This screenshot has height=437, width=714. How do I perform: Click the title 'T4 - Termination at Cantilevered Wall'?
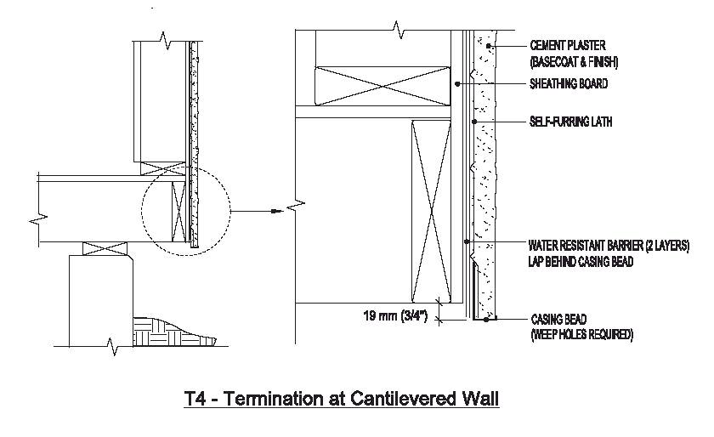(342, 397)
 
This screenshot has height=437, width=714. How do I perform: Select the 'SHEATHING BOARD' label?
(568, 83)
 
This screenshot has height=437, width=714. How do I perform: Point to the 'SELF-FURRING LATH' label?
(570, 122)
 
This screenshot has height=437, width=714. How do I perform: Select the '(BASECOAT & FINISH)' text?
(574, 62)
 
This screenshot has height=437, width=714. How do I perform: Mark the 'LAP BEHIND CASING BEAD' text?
(581, 261)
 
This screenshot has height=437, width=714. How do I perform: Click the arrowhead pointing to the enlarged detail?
(274, 210)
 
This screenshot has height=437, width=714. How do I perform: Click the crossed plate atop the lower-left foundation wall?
(104, 250)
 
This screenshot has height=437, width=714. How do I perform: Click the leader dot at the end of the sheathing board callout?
(456, 83)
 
